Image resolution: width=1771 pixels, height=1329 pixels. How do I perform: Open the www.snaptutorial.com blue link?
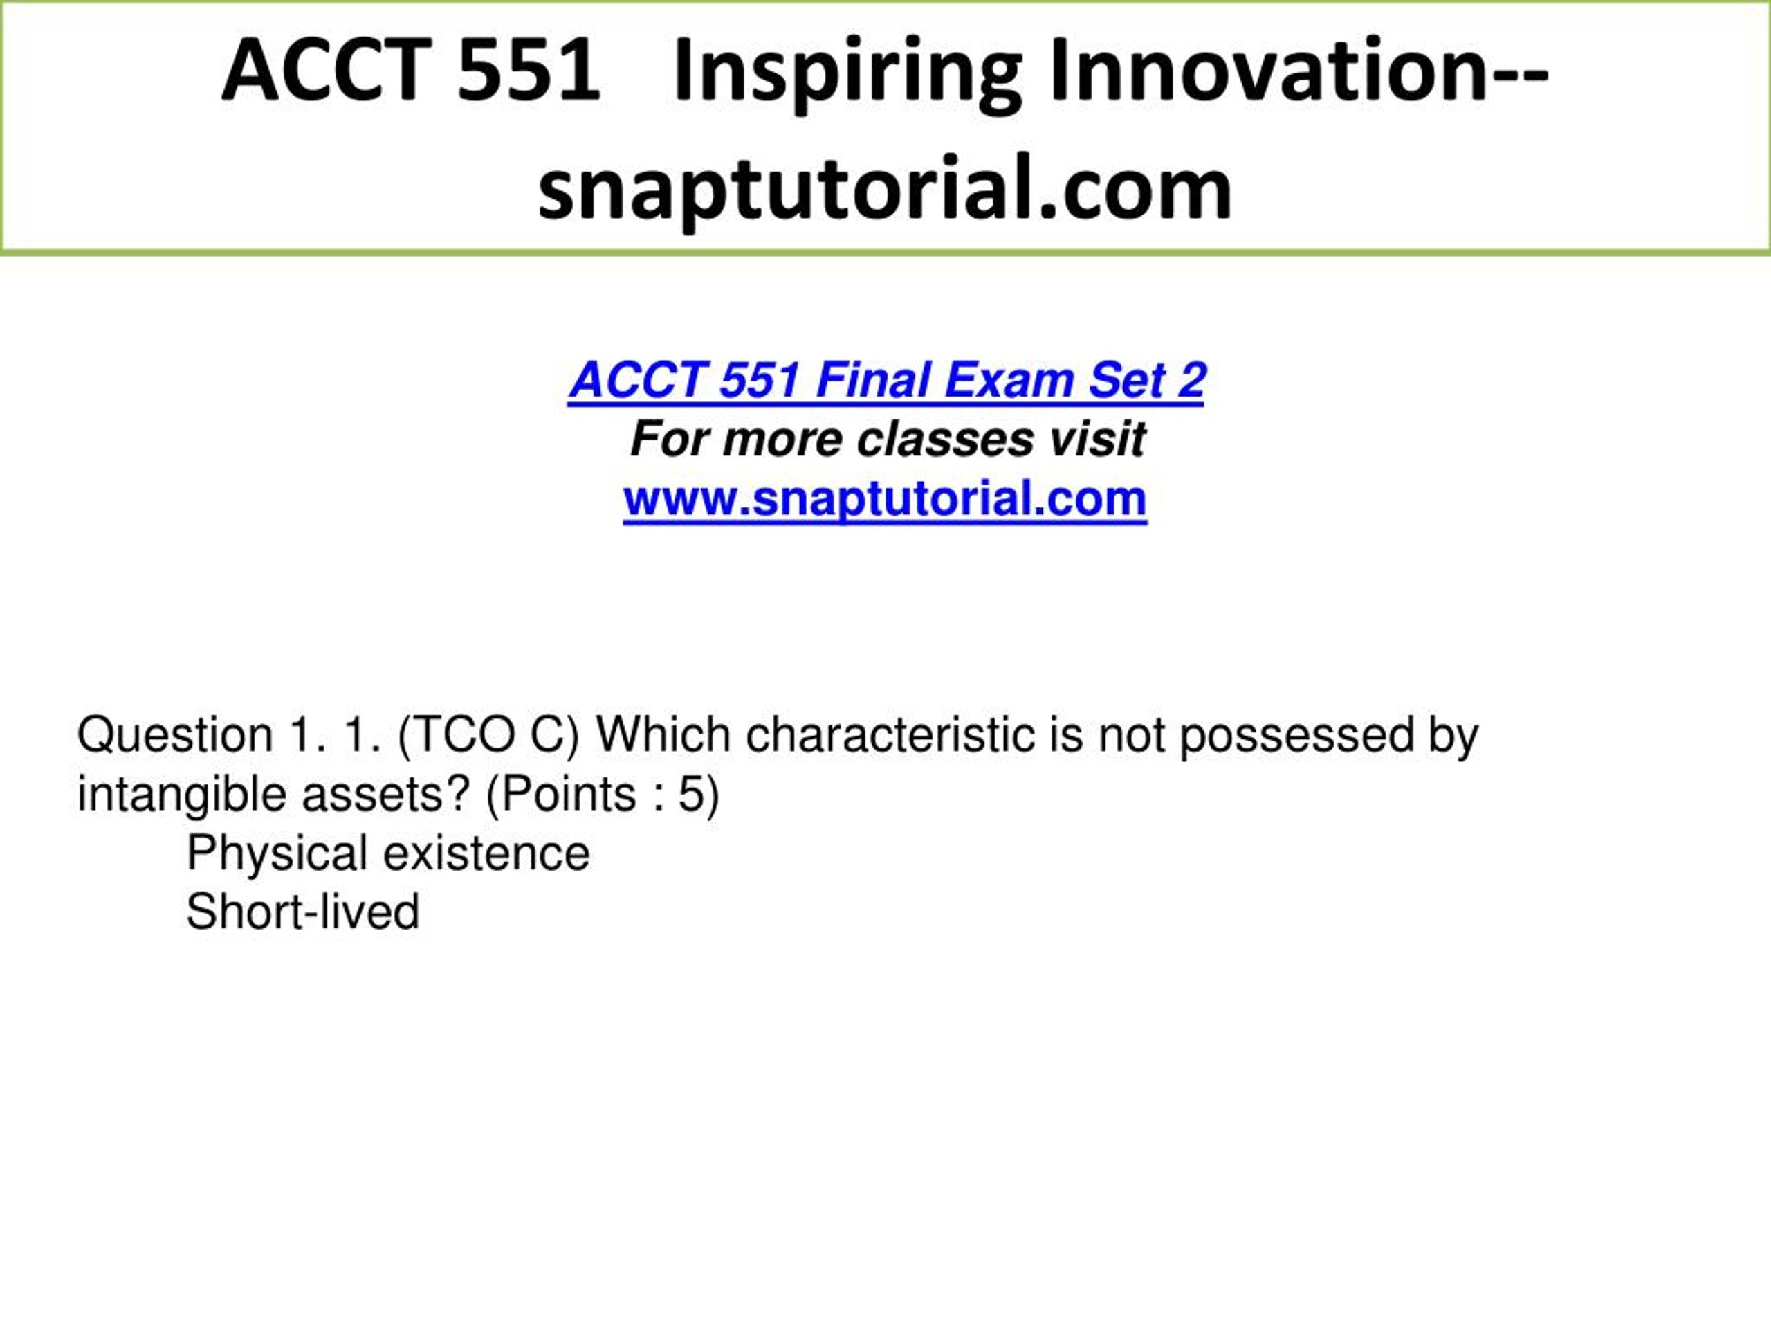click(x=885, y=499)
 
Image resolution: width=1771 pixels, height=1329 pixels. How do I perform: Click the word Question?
click(x=174, y=735)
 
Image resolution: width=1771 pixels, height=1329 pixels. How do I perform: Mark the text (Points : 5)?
click(x=602, y=795)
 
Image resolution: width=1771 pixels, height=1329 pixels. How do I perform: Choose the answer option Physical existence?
click(x=387, y=854)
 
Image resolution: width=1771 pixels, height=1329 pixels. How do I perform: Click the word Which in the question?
click(x=663, y=734)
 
